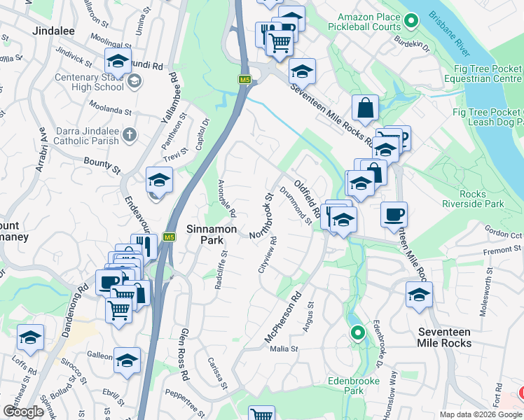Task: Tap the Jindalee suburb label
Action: click(54, 31)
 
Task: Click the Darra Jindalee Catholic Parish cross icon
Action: click(129, 134)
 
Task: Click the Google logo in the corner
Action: click(24, 412)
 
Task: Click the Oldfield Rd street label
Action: click(308, 198)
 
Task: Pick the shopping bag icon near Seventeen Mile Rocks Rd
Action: click(365, 108)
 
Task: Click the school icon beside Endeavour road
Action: click(159, 181)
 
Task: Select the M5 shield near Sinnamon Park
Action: click(169, 237)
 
